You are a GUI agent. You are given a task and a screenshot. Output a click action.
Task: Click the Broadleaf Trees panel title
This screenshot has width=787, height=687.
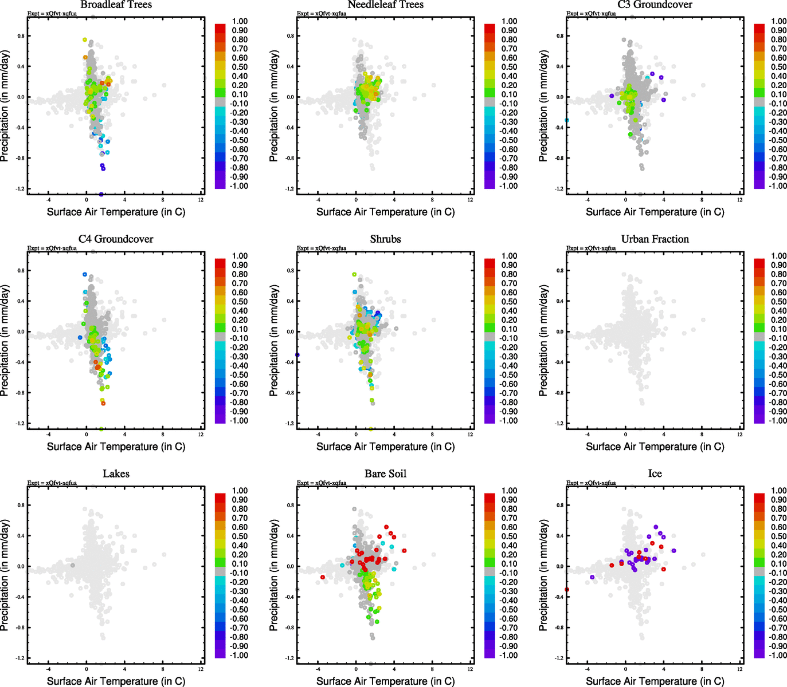[116, 5]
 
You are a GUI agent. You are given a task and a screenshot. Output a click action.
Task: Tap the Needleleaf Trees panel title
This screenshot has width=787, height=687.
[385, 5]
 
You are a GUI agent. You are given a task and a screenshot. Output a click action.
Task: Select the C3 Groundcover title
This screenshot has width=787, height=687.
[655, 5]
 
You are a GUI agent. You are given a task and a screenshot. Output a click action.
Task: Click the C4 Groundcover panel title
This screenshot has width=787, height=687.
[116, 239]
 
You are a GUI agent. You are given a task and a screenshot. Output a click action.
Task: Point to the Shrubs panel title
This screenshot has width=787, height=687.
[385, 239]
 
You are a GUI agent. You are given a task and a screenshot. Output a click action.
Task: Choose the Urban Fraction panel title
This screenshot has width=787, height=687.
[655, 239]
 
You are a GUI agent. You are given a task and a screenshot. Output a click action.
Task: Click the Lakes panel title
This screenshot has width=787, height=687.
[116, 474]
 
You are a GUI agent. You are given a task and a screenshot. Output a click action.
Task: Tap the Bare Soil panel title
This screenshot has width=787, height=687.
[385, 474]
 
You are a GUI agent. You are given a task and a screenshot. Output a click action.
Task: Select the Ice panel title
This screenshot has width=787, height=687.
[655, 474]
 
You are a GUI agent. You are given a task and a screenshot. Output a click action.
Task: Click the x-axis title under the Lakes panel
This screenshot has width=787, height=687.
[116, 681]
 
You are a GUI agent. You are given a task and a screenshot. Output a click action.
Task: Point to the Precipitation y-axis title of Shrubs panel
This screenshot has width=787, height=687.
[274, 341]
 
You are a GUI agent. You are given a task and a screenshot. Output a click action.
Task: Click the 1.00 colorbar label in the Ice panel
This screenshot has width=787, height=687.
[778, 491]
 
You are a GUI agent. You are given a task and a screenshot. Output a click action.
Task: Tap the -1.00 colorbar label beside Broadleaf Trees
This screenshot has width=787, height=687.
[239, 186]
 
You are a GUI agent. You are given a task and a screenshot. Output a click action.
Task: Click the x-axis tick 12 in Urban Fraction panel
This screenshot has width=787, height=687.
[740, 435]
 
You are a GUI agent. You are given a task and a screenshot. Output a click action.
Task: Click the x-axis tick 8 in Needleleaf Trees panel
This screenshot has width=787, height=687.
[432, 200]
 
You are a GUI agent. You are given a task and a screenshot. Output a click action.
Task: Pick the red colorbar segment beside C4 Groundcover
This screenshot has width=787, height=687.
[220, 263]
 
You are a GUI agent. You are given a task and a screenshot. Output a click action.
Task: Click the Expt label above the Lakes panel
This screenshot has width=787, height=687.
[52, 483]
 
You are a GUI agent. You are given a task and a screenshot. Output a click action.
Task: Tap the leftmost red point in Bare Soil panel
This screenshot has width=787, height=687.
[323, 577]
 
